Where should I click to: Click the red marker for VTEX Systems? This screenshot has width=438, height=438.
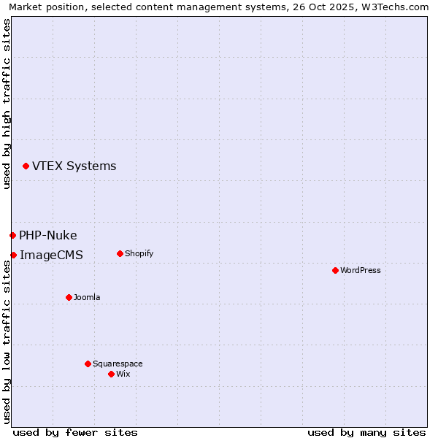tap(26, 166)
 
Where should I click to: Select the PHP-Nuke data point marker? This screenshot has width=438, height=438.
tap(12, 235)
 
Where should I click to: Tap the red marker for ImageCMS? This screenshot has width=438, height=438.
tap(13, 255)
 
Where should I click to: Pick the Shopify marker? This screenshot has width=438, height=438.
tap(120, 253)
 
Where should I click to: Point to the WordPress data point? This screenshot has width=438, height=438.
tap(335, 270)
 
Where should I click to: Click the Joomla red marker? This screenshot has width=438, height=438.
tap(69, 297)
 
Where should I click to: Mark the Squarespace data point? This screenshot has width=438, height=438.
tap(88, 364)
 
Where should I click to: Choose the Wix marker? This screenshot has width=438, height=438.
tap(111, 374)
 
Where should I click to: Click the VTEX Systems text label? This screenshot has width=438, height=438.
tap(74, 166)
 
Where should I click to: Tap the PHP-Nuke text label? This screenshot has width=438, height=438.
tap(48, 235)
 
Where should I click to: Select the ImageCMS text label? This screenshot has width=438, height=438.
tap(51, 255)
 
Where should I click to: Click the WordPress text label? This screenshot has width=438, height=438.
tap(361, 270)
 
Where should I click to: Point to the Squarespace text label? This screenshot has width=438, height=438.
tap(118, 364)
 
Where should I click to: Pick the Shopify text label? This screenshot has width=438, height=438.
tap(139, 253)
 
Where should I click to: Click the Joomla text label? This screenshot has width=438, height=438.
tap(87, 297)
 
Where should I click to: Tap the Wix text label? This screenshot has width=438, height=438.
tap(123, 374)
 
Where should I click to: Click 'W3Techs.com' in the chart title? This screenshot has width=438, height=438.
tap(396, 7)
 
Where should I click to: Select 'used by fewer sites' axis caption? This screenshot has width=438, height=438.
tap(75, 432)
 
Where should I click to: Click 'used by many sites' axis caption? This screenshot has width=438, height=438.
tap(366, 432)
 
